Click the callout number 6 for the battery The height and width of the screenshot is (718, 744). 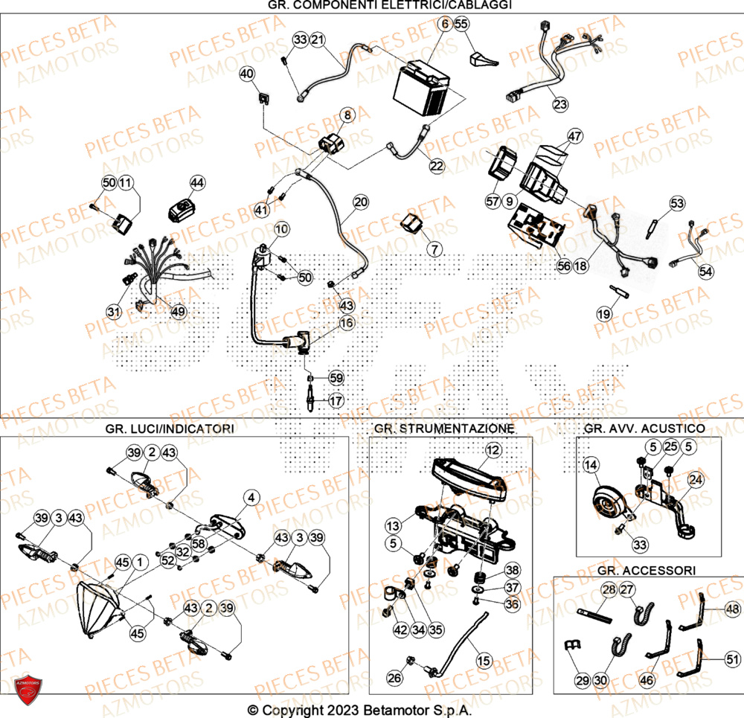(x=444, y=25)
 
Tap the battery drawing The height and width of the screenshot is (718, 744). (x=423, y=89)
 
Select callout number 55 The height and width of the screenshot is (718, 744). (x=462, y=25)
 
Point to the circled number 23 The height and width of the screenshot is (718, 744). (x=559, y=104)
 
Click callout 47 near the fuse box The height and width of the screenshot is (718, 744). (x=574, y=136)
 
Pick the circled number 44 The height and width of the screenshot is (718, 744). (x=196, y=182)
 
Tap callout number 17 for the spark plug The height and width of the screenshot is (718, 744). (x=336, y=400)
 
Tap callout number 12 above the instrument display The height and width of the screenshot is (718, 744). (x=493, y=449)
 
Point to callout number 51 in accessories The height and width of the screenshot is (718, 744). (x=733, y=658)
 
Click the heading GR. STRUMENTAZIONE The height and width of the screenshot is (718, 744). (x=444, y=429)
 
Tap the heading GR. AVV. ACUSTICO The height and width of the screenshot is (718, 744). (x=645, y=429)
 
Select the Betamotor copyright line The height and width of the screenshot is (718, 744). (x=359, y=710)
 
